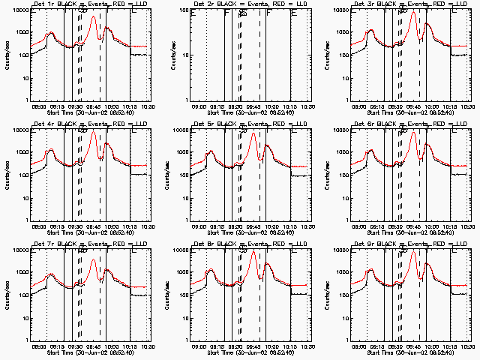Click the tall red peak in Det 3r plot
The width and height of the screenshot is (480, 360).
(x=413, y=12)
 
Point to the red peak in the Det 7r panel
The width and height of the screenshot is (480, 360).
(x=93, y=260)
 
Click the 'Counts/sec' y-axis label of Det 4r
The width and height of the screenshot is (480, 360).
(x=6, y=172)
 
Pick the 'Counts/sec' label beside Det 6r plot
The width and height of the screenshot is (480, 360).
(x=326, y=172)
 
